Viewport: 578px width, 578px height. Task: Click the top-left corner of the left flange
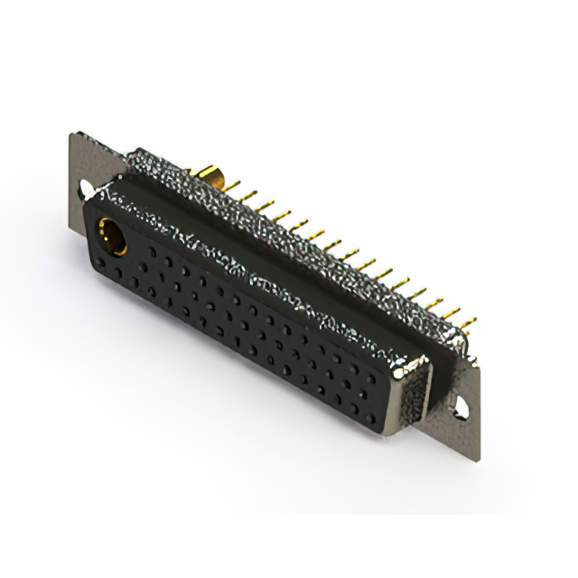72,135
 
